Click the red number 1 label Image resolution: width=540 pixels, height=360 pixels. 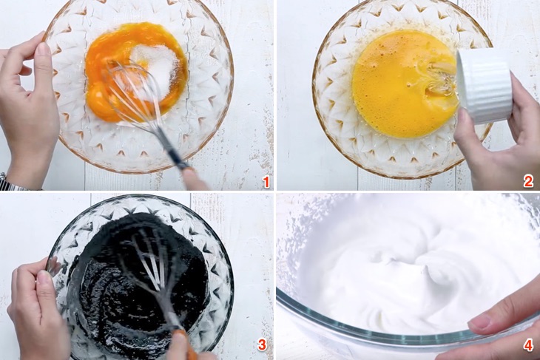(266, 181)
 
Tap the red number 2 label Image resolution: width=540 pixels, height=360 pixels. (529, 181)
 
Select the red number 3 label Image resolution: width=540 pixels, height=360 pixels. (262, 344)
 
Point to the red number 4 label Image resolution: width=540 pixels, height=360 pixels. (529, 345)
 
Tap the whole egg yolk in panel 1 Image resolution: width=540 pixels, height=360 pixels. (98, 97)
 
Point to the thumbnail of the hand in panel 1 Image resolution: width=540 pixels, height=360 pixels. (44, 48)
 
